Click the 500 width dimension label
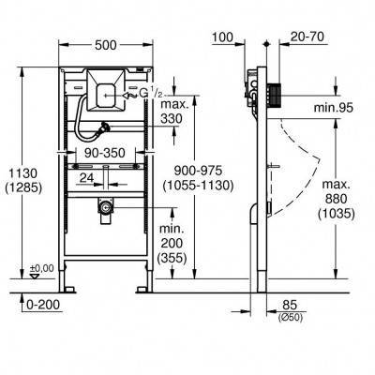(x=105, y=45)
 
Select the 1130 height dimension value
(x=23, y=173)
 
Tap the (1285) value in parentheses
(x=23, y=187)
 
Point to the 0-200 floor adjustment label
(x=43, y=305)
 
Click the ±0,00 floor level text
(x=41, y=268)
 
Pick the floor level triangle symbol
(x=34, y=276)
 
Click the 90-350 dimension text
(x=105, y=153)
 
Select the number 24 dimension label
(x=86, y=178)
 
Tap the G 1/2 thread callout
(x=151, y=93)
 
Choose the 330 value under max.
(x=172, y=118)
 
